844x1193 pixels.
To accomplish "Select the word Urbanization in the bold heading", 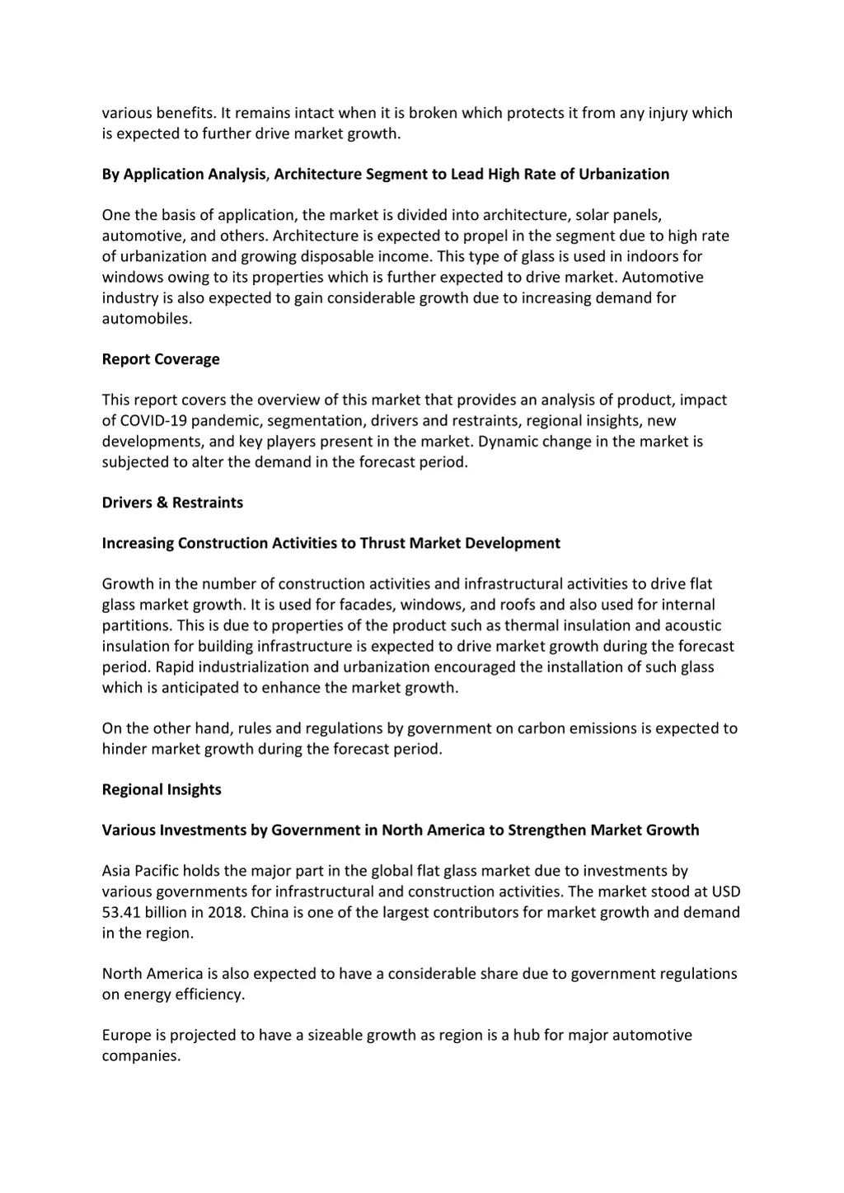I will click(624, 174).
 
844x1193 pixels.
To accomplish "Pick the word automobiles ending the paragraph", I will click(146, 318).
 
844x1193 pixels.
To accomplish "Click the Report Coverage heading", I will click(161, 359).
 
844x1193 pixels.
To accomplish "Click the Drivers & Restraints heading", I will click(172, 503).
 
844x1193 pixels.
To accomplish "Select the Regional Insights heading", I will click(162, 789).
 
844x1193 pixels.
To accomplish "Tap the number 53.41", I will click(122, 912).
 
